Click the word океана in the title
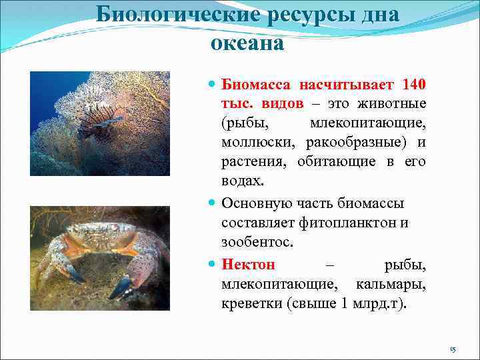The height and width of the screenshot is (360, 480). tap(247, 43)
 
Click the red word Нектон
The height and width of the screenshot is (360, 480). tap(248, 265)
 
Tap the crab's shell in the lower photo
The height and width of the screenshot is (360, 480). tap(100, 236)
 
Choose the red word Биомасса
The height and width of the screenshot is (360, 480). tap(256, 85)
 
